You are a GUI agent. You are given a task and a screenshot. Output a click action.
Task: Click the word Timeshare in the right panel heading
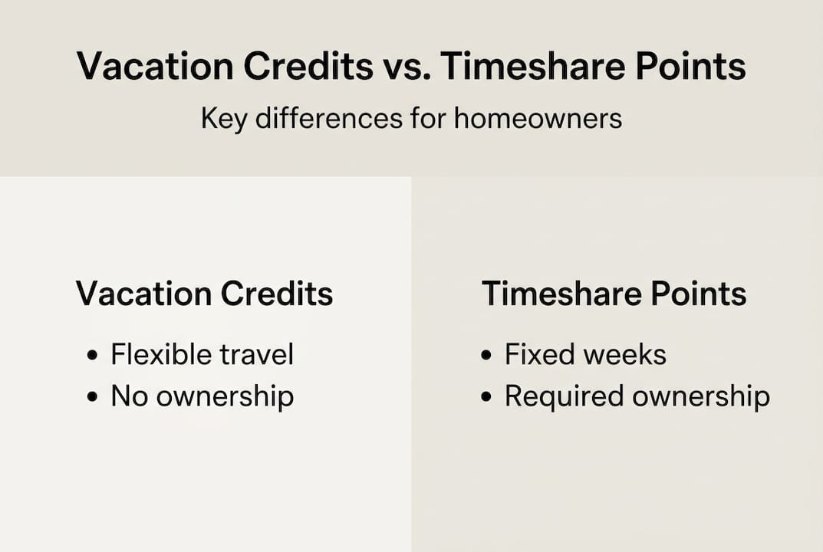tap(549, 294)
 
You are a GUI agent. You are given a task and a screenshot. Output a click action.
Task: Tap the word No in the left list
tap(130, 396)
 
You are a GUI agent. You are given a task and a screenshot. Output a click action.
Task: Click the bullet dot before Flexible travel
tap(94, 356)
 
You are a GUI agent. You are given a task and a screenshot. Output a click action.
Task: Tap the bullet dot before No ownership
tap(94, 397)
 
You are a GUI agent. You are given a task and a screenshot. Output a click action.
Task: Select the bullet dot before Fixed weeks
tap(487, 356)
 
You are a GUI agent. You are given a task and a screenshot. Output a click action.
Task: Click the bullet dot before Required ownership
tap(487, 397)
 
